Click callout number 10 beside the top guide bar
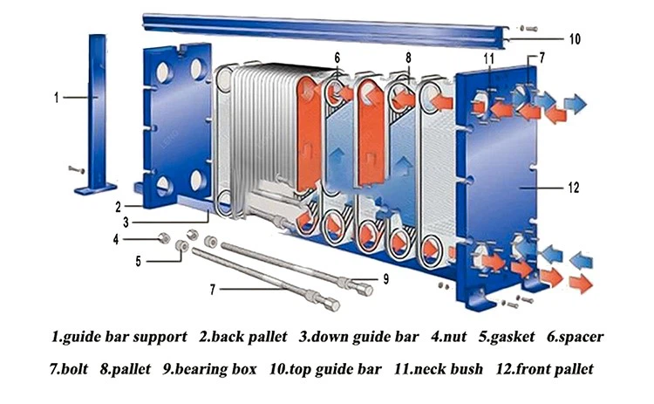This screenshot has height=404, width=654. pos(575,39)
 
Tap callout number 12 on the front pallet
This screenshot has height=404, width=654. pos(574,188)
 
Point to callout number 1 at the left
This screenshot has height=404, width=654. pos(57,98)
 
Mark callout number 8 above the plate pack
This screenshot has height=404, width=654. pos(407,58)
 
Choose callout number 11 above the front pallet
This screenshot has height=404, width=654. pos(490,58)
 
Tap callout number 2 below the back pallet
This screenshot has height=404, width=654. pos(116,208)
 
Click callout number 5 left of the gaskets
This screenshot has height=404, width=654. pos(138,259)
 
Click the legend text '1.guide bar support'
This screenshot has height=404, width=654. pos(119,336)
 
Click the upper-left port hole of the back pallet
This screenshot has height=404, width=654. pos(164,69)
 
